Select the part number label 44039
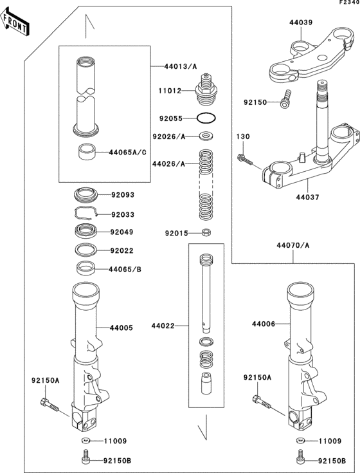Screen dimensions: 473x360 (x=301, y=23)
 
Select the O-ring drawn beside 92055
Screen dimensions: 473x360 (x=205, y=119)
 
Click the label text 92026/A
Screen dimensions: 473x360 (x=168, y=136)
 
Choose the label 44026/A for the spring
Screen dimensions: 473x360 (x=168, y=164)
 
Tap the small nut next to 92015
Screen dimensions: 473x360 (x=205, y=233)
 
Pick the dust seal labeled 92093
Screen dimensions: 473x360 (x=84, y=193)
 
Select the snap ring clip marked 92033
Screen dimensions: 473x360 (x=84, y=214)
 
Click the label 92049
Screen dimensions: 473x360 (x=122, y=232)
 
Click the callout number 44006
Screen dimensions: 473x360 (x=264, y=324)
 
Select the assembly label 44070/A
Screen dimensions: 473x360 (x=293, y=245)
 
